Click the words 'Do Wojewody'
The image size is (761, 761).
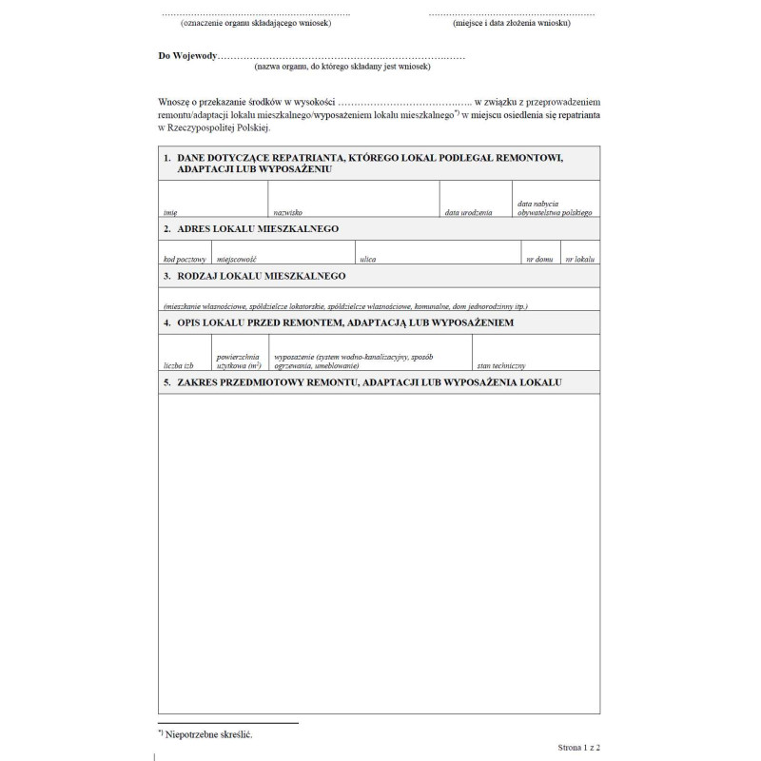pos(187,56)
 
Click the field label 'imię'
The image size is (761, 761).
pos(170,213)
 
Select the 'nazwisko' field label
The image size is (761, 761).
pos(287,213)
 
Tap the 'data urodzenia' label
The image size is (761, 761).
pos(468,213)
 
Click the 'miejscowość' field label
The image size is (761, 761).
pos(237,259)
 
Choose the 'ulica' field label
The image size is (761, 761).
pos(367,259)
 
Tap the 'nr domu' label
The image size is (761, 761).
pos(539,259)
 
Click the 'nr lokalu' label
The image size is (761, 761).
pos(579,259)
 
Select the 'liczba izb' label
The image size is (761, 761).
pos(179,365)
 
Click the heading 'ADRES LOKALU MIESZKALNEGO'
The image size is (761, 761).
pos(258,229)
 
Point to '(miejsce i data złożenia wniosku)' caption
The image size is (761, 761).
pos(512,23)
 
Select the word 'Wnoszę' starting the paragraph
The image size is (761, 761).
pos(174,101)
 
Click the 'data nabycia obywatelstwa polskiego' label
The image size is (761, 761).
pos(555,208)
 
